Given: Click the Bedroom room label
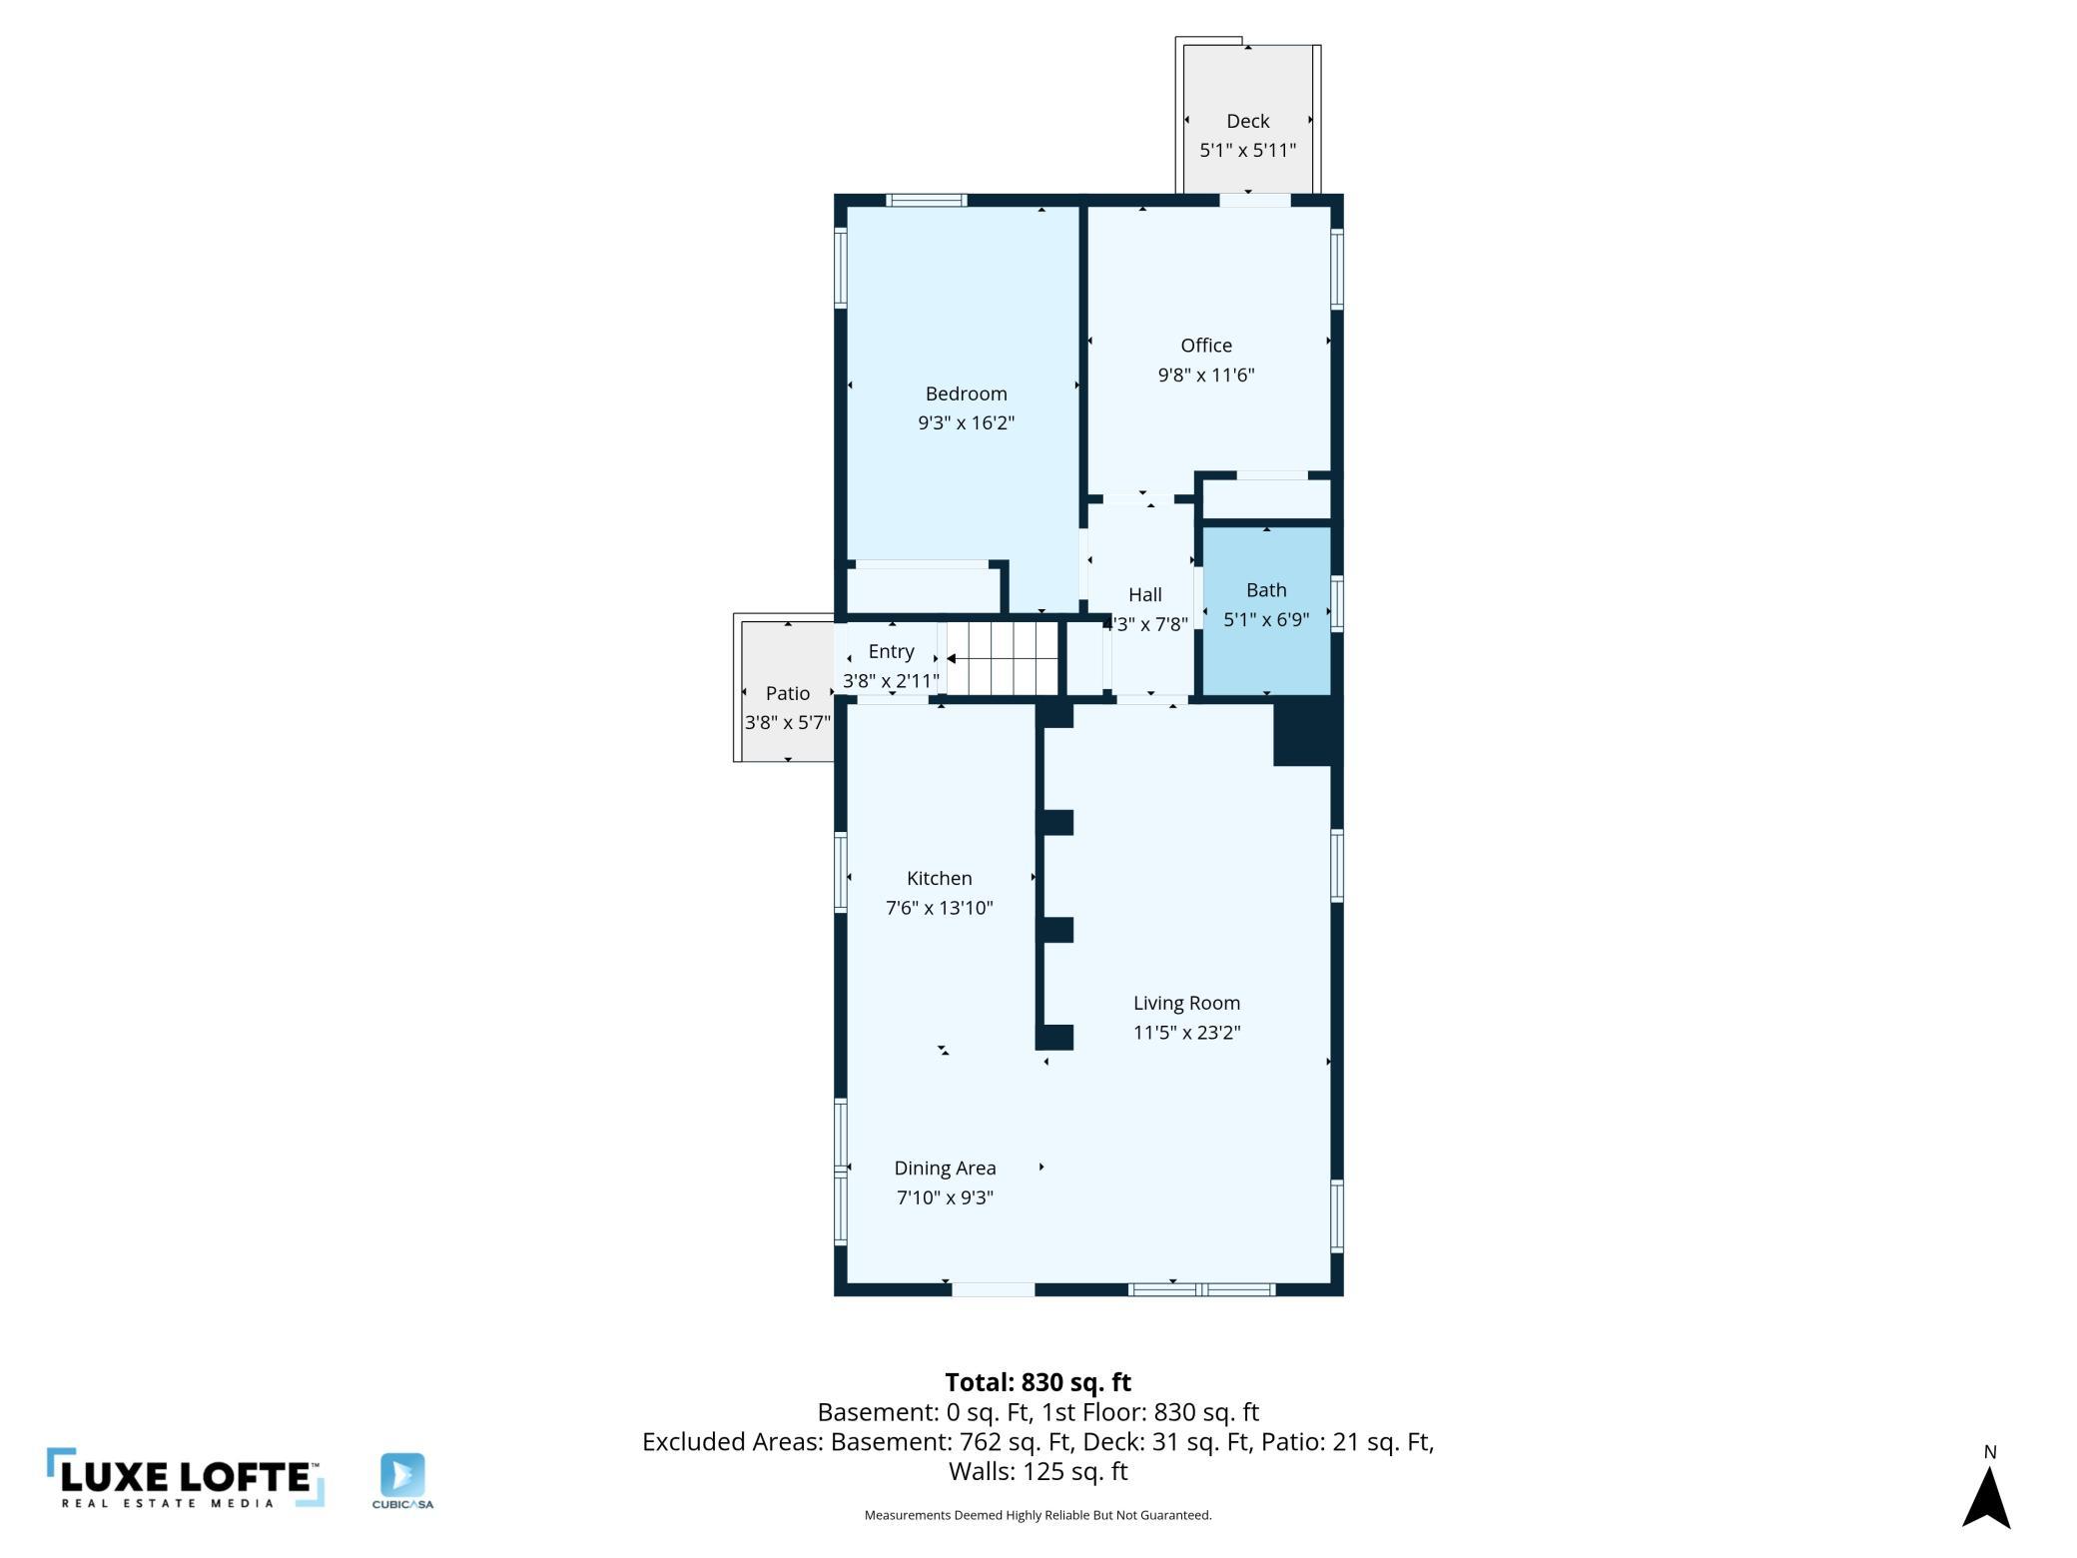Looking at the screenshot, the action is (x=966, y=393).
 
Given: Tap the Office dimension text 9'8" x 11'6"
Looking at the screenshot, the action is (x=1206, y=375).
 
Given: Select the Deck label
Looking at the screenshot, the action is (x=1248, y=121).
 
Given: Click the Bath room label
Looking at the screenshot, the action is (x=1266, y=590).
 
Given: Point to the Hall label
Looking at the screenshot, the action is (x=1145, y=594).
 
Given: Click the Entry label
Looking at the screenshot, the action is (x=892, y=651).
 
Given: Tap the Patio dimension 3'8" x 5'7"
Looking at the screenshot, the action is (x=788, y=722).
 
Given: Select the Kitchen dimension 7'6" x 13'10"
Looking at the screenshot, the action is (x=940, y=908).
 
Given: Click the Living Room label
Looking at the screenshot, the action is (x=1186, y=1003).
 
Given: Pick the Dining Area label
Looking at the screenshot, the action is (x=945, y=1168).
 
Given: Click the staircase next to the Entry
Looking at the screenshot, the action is (x=1003, y=658).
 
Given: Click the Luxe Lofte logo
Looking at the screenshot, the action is (x=186, y=1477).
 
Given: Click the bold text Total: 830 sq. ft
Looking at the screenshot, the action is (x=1038, y=1382).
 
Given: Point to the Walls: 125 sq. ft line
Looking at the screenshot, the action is (x=1038, y=1471).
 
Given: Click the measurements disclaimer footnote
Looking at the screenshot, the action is (x=1038, y=1515).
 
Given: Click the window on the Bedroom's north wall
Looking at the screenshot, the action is (x=927, y=200).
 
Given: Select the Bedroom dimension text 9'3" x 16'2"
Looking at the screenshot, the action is (x=966, y=422).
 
